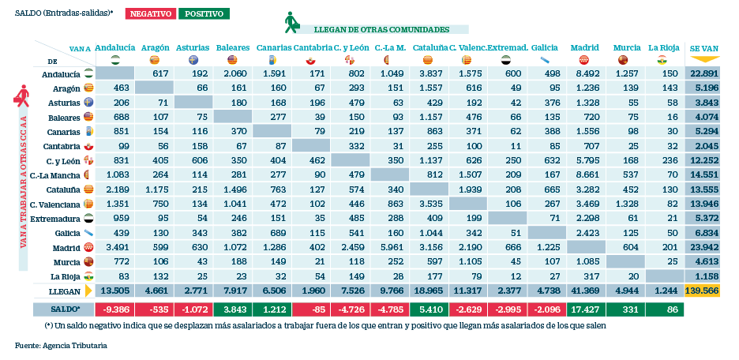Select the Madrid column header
583,47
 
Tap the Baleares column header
232,47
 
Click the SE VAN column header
705,47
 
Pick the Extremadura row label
56,217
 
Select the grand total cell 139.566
705,290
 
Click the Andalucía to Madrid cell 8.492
585,73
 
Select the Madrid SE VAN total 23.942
705,246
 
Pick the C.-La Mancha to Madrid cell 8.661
585,174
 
